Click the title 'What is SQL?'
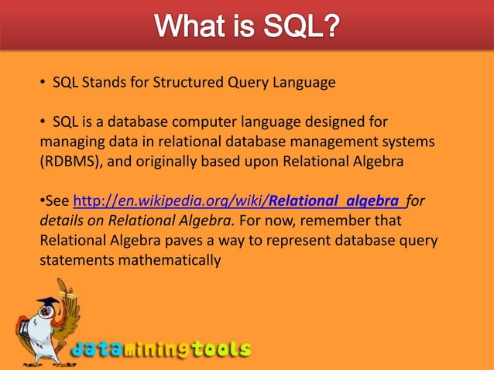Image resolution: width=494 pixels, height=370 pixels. [x=247, y=26]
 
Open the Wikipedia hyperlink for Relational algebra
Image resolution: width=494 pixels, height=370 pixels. [x=238, y=201]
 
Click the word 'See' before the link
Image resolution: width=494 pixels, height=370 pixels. [x=57, y=201]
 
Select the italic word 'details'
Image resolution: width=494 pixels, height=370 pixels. [x=60, y=221]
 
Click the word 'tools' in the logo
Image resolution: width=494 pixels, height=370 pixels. [x=222, y=349]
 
